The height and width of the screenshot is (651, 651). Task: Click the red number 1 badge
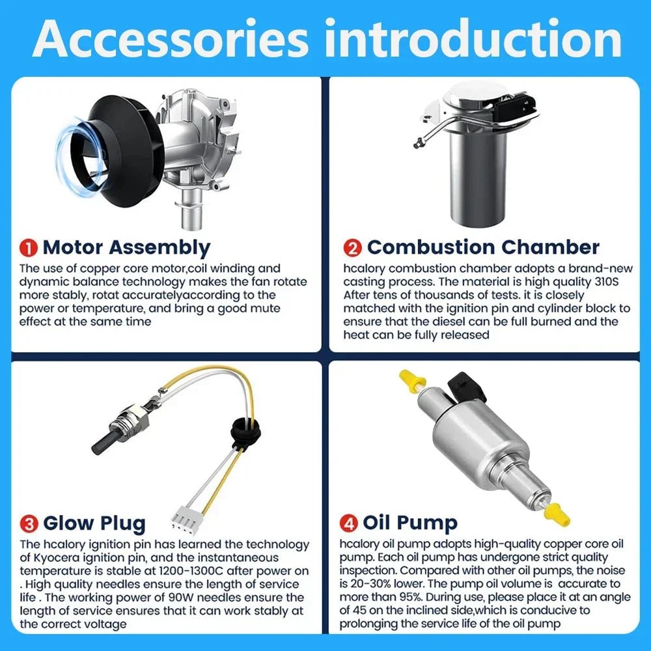pos(28,248)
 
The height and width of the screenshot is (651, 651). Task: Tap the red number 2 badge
pos(352,248)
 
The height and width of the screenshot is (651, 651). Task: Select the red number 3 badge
pos(29,523)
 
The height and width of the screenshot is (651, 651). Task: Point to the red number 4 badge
pos(349,523)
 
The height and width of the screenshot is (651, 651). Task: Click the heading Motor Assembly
pos(127,248)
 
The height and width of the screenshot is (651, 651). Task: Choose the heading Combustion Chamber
pos(483,247)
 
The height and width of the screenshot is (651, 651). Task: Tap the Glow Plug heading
pos(94,524)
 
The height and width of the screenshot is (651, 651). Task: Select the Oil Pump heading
pos(409,523)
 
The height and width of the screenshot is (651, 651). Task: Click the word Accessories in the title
pos(171,39)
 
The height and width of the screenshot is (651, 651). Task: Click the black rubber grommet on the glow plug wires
pos(245,430)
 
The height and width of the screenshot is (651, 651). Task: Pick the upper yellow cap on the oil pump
pos(412,380)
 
